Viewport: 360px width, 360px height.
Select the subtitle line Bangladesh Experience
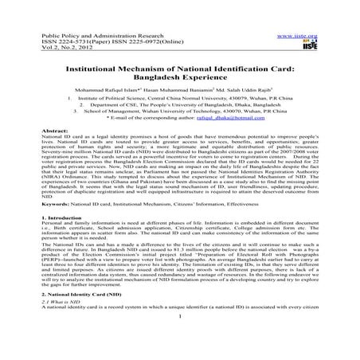[x=179, y=80]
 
